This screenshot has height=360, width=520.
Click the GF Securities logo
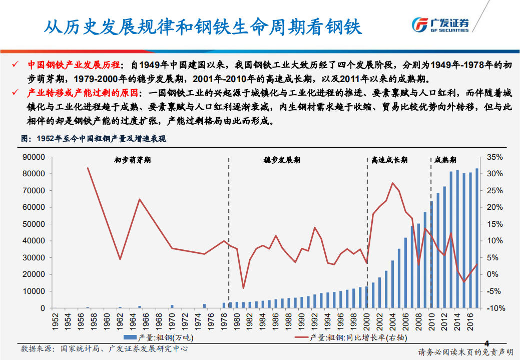click(440, 25)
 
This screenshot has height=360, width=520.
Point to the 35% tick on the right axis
click(494, 157)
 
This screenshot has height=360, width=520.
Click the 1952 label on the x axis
click(55, 319)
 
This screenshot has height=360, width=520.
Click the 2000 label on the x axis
click(366, 319)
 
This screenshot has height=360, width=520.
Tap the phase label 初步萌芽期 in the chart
click(133, 160)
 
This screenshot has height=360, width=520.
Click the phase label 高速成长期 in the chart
click(389, 160)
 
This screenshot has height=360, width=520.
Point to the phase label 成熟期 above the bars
click(445, 160)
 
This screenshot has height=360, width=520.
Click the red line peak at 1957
click(88, 168)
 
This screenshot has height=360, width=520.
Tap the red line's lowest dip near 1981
click(243, 288)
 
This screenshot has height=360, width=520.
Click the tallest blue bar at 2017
click(476, 238)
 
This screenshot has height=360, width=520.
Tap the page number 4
click(486, 343)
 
